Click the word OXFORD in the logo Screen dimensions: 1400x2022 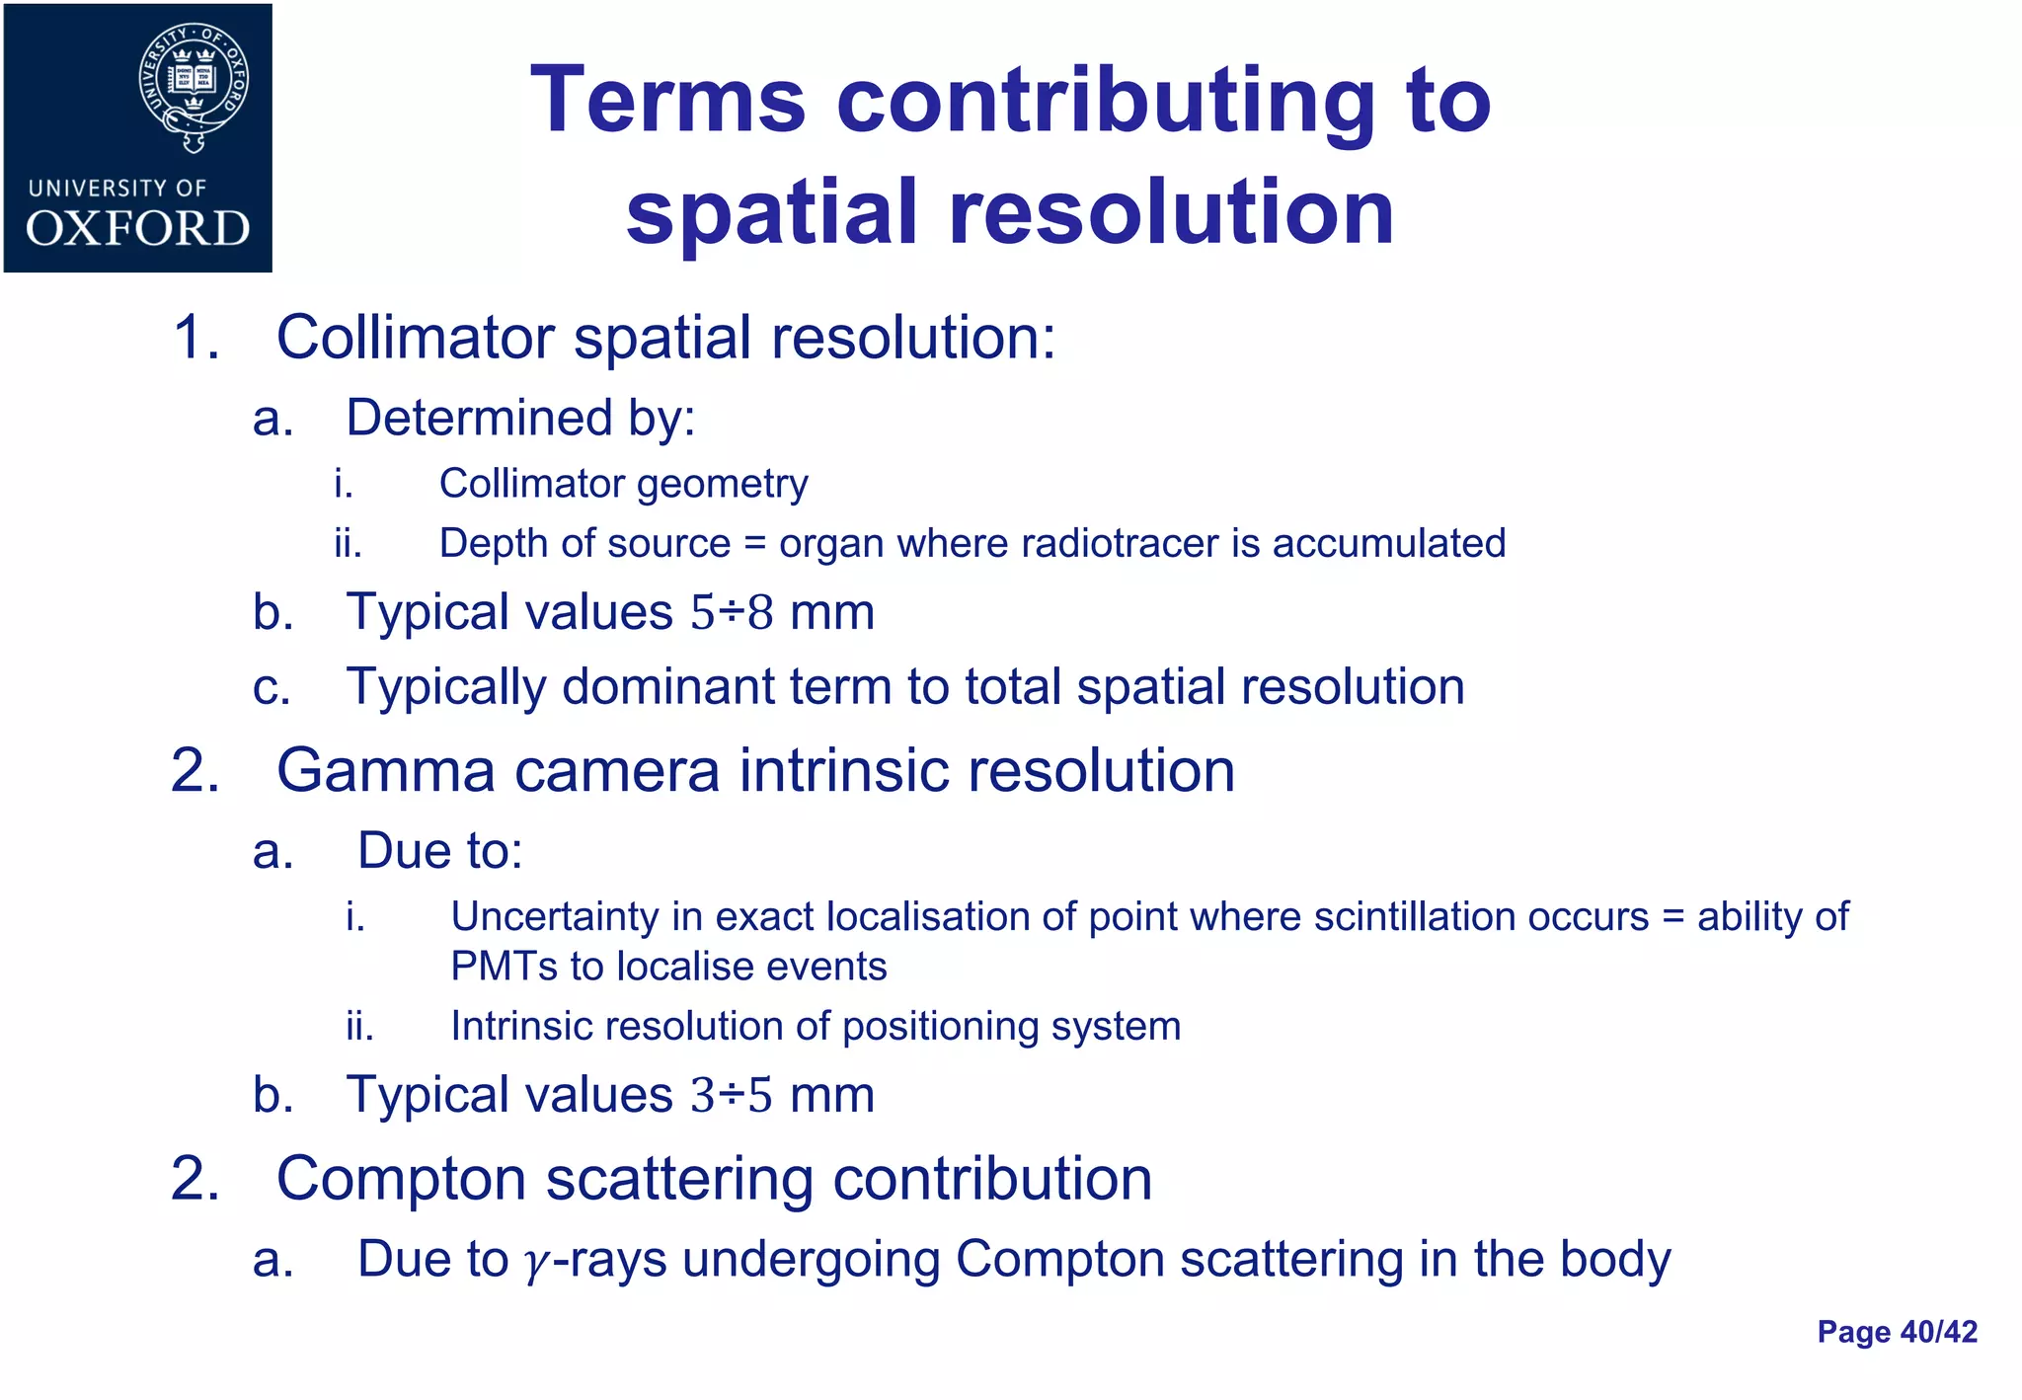pyautogui.click(x=138, y=229)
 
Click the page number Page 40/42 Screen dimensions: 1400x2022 pyautogui.click(x=1897, y=1332)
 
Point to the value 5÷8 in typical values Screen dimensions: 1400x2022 pyautogui.click(x=732, y=612)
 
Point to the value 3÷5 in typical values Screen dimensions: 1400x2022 pyautogui.click(x=732, y=1095)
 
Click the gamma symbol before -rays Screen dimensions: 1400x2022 pyautogui.click(x=534, y=1262)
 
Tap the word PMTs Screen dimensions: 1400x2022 pyautogui.click(x=503, y=967)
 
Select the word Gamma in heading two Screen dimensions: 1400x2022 pyautogui.click(x=385, y=771)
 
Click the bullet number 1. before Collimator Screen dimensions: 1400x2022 pyautogui.click(x=195, y=339)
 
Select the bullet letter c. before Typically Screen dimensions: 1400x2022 pyautogui.click(x=272, y=687)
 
